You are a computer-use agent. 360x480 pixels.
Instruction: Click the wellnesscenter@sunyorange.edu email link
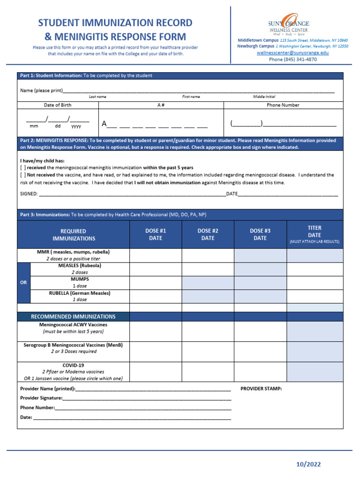coord(292,53)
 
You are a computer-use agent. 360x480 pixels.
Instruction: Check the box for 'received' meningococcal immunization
coord(22,167)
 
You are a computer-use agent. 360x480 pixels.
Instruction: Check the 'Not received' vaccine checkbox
coord(22,175)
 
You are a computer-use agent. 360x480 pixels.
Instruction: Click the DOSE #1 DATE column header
coord(156,234)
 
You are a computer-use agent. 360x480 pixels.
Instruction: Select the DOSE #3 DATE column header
coord(260,234)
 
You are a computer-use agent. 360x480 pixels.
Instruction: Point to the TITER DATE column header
coord(315,234)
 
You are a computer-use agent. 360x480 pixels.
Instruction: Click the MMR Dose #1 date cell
coord(156,255)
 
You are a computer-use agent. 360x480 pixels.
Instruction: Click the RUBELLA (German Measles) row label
coord(79,296)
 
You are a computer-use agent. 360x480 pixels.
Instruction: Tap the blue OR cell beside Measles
coord(23,283)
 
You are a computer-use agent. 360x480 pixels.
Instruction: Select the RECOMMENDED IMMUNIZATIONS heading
coord(73,316)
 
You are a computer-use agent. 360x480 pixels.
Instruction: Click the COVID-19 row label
coord(73,372)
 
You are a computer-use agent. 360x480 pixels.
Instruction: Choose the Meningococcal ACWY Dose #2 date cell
coord(208,331)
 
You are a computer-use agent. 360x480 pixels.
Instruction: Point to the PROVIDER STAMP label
coord(261,389)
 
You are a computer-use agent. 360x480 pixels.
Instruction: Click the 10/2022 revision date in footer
coord(308,465)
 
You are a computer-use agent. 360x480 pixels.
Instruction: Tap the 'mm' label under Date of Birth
coord(34,126)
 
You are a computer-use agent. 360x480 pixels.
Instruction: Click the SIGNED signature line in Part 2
coord(131,194)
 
